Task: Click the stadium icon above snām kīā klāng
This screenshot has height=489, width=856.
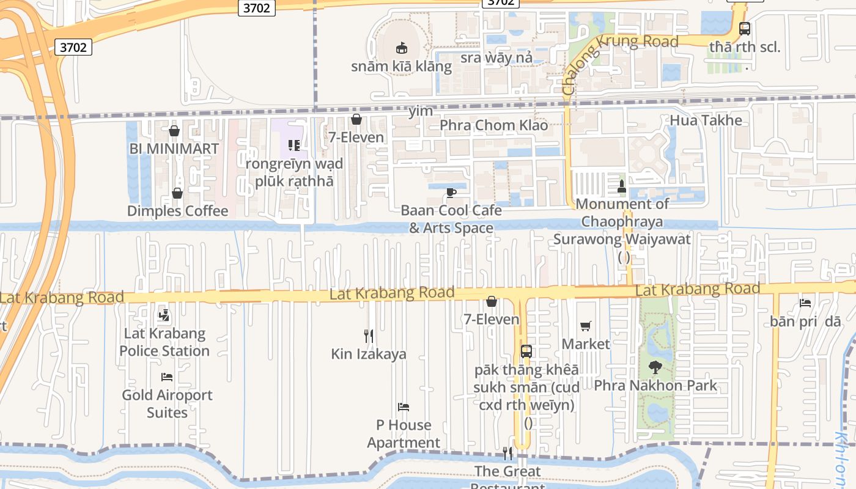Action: click(x=401, y=47)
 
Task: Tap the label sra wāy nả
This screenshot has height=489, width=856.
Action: click(x=496, y=57)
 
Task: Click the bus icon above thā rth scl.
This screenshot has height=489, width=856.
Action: click(x=745, y=28)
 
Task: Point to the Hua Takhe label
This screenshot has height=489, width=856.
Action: click(x=706, y=120)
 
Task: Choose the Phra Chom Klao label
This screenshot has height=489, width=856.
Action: click(x=493, y=125)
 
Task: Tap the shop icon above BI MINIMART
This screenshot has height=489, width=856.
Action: click(x=174, y=131)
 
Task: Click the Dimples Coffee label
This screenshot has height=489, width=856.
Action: click(x=177, y=211)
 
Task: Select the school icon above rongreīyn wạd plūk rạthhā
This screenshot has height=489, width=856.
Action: click(x=294, y=145)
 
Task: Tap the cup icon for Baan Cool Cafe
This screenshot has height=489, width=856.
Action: click(x=451, y=193)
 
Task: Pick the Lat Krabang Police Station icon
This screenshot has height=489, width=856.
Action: click(x=163, y=316)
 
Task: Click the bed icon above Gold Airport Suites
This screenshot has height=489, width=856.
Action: click(x=166, y=377)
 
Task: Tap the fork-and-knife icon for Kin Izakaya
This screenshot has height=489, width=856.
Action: click(x=369, y=336)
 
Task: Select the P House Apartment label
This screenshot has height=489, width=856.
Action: click(x=404, y=433)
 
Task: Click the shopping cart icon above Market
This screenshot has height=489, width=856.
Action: click(x=586, y=326)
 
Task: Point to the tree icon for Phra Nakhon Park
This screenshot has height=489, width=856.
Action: click(x=655, y=368)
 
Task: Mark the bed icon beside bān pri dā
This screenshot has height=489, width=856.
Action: click(x=805, y=303)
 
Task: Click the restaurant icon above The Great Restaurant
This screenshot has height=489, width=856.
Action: click(x=507, y=454)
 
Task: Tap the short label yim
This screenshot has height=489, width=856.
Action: click(x=421, y=111)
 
